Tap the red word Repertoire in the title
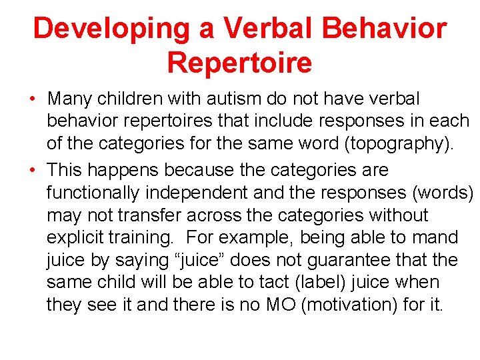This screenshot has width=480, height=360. (x=239, y=63)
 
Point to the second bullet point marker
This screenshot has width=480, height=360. (x=33, y=171)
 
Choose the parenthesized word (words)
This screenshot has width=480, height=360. (x=440, y=193)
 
